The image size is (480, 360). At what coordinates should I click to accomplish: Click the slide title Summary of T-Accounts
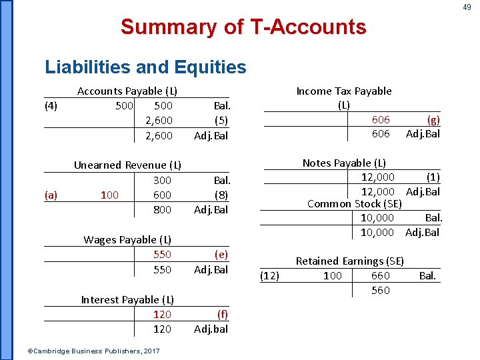[243, 27]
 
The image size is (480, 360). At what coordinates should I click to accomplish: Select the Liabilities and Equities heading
[145, 67]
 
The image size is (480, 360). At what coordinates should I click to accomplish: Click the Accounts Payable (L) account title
[127, 91]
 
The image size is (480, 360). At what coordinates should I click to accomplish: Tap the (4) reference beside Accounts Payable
[51, 105]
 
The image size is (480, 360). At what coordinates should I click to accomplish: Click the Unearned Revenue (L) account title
[127, 165]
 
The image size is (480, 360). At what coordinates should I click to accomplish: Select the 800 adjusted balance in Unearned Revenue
[162, 210]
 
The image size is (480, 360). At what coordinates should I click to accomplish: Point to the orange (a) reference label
[51, 195]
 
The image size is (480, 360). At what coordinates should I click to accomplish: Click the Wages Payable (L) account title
[127, 240]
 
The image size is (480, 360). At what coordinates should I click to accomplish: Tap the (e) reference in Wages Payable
[221, 255]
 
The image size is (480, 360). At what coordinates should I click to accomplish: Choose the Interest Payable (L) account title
[127, 300]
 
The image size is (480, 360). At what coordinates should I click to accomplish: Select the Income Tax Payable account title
[344, 91]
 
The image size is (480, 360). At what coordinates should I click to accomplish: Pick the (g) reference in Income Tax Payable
[433, 120]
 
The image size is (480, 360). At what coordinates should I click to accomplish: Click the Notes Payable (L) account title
[344, 163]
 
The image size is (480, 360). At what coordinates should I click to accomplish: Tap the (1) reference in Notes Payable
[433, 177]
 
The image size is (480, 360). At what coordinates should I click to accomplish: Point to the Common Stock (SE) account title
[354, 204]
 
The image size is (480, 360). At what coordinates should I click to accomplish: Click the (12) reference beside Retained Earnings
[269, 276]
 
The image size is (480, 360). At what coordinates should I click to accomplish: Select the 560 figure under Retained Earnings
[381, 291]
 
